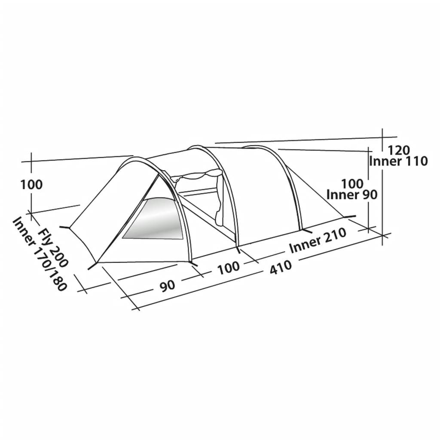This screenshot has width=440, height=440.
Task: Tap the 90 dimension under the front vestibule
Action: [x=167, y=286]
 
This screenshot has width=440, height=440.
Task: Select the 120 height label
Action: [x=398, y=151]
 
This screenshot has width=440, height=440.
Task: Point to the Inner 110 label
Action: [x=398, y=162]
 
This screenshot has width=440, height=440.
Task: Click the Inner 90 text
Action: [x=352, y=195]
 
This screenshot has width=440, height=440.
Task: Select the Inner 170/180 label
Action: [x=40, y=254]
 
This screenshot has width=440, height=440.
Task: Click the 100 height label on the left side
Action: [x=32, y=185]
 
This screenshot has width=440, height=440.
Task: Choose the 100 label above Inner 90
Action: [x=352, y=184]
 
